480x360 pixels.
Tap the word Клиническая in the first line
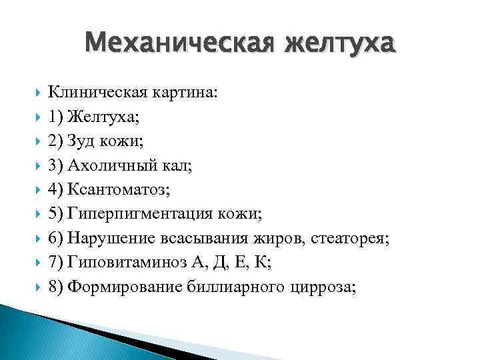pos(93,93)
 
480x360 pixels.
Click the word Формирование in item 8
pos(117,287)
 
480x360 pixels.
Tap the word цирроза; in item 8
pos(321,287)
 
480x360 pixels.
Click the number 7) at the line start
pos(56,263)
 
